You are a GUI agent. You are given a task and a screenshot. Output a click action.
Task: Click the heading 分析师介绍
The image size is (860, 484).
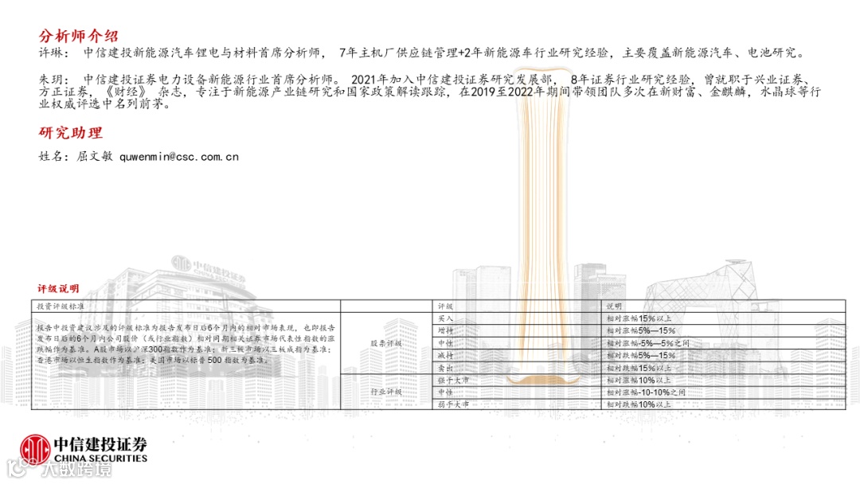(x=79, y=37)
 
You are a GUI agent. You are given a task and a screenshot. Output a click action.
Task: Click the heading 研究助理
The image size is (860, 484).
(x=71, y=133)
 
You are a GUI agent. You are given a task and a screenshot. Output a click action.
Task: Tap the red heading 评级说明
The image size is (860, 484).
(x=59, y=287)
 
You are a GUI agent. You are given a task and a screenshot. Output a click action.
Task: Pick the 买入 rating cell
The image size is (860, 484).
(x=446, y=318)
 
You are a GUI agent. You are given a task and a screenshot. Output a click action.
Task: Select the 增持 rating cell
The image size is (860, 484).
(x=446, y=330)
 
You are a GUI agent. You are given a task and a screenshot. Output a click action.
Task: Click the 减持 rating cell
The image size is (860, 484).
(x=446, y=355)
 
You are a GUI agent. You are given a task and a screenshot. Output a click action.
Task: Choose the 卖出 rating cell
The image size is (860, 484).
(x=446, y=368)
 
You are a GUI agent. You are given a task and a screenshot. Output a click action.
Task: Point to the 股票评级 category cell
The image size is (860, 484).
(x=386, y=343)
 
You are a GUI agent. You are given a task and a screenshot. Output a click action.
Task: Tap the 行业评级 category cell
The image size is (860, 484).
(x=386, y=392)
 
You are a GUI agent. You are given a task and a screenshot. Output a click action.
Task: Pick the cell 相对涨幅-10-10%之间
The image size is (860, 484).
(x=645, y=392)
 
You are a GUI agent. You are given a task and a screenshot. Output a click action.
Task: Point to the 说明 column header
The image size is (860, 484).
(x=614, y=306)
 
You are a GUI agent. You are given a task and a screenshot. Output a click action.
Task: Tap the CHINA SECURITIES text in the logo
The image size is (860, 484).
(x=100, y=459)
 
